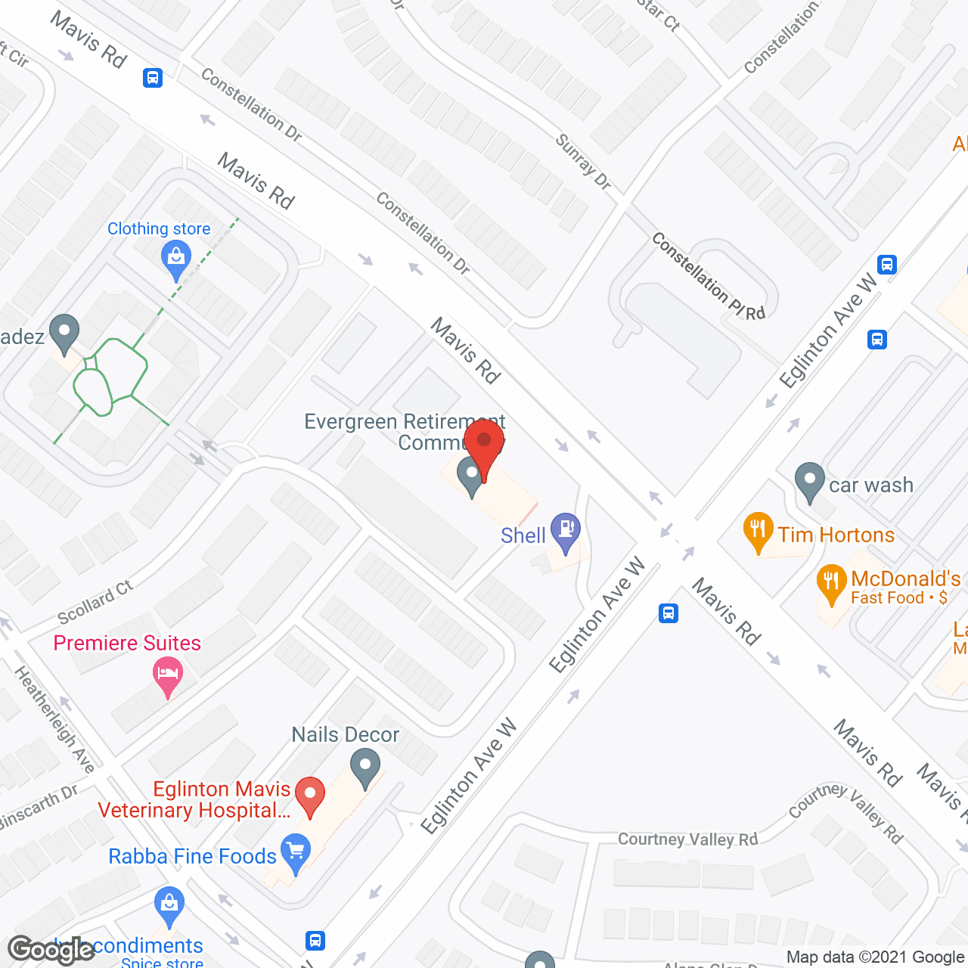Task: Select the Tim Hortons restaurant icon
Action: [x=758, y=531]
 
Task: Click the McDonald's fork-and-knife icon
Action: [x=831, y=583]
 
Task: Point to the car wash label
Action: [x=870, y=485]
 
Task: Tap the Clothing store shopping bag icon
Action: [x=176, y=259]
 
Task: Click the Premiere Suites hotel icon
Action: [x=167, y=675]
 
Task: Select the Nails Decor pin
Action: [x=365, y=767]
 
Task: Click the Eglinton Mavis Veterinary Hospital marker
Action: [x=309, y=796]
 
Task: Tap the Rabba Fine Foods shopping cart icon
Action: [x=295, y=853]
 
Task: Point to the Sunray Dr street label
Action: [x=582, y=161]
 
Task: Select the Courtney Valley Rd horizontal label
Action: [x=687, y=839]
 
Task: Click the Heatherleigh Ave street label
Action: [x=54, y=719]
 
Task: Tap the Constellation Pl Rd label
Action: [x=708, y=276]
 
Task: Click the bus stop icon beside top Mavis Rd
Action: [x=153, y=77]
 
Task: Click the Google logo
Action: [x=51, y=950]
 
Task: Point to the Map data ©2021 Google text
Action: [x=875, y=957]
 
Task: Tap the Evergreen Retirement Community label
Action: [x=405, y=432]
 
